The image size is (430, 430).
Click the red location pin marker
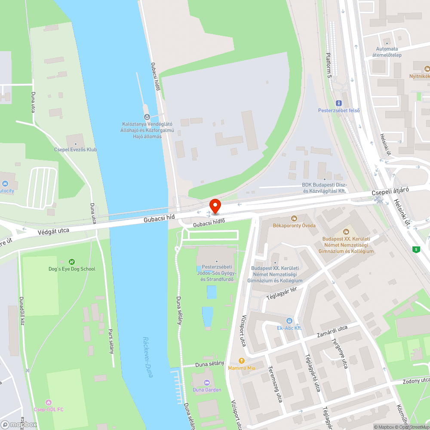coord(215,206)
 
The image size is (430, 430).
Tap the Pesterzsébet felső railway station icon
coord(338,103)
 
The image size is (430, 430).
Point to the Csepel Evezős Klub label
coord(75,150)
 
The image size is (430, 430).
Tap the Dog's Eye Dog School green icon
coord(72,261)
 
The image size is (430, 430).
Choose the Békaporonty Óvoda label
coord(294,225)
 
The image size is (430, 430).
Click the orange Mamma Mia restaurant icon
coord(241,361)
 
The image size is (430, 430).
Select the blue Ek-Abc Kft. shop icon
coord(289,321)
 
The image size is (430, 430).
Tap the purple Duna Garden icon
coord(206,382)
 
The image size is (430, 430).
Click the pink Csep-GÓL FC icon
coord(48,402)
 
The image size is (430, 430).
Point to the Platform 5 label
coord(329,64)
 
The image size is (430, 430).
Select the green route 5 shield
coord(415,249)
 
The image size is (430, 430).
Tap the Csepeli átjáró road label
coord(390,192)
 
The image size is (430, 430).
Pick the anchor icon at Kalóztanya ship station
coord(147,117)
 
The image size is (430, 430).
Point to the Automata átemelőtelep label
coord(387,52)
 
